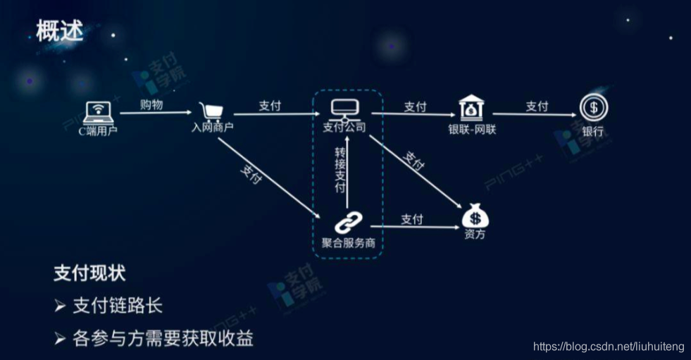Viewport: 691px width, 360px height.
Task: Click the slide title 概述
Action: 60,31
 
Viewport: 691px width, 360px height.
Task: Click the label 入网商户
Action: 212,128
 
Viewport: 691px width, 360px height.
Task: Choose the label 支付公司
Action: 344,128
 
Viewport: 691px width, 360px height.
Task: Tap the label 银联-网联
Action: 472,129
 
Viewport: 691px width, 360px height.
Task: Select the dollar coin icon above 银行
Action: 593,108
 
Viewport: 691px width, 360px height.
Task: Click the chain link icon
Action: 344,224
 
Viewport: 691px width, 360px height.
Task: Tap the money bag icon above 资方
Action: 474,215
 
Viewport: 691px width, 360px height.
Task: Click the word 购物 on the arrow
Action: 151,105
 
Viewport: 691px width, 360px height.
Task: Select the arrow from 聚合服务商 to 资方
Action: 416,226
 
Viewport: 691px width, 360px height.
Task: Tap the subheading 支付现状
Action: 89,274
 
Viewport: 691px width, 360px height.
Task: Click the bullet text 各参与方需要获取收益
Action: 163,339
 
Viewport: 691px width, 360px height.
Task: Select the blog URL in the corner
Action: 609,347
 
